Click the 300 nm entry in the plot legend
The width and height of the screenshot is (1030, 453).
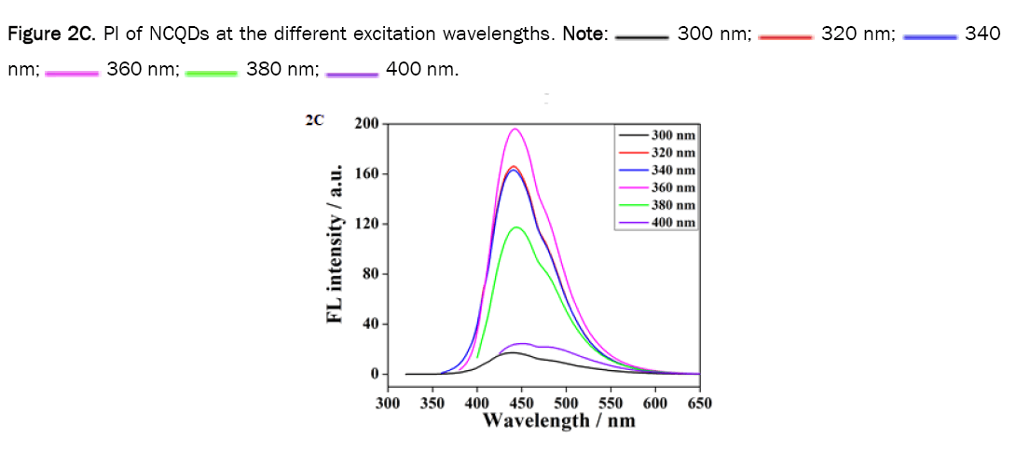657,135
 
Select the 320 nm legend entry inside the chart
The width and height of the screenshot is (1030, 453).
657,153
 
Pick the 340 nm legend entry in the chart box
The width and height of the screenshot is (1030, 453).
657,170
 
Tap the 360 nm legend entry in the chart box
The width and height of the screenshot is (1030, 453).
657,187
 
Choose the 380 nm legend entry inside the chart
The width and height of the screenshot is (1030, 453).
657,205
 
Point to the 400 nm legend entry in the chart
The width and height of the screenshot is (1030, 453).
657,222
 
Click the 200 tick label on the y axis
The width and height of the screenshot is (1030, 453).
366,124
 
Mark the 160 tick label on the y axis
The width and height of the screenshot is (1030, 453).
366,174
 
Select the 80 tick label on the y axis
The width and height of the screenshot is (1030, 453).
369,274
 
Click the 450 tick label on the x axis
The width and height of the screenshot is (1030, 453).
521,403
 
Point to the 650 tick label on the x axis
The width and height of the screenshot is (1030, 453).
699,403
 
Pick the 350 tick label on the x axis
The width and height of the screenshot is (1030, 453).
433,403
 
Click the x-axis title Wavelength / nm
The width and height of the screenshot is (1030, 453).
559,420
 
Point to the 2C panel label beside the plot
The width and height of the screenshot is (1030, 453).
313,120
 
